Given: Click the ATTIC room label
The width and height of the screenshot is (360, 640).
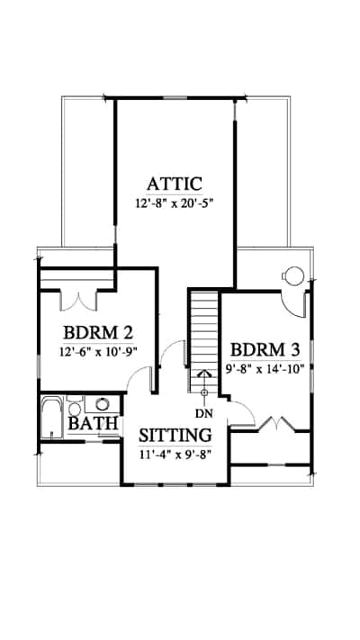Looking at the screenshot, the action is (x=175, y=185).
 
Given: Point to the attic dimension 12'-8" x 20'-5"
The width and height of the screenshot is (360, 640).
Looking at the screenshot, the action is (x=175, y=203).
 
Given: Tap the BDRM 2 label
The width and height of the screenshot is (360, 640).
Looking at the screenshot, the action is (x=98, y=333).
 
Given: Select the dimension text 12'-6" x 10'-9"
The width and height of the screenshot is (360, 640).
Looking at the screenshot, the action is (x=98, y=351).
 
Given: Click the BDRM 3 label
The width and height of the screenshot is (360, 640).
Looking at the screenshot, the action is (x=265, y=350).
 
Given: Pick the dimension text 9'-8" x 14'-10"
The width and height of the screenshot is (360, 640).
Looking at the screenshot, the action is (x=265, y=369).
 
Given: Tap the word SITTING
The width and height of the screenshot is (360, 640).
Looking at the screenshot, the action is (x=175, y=436).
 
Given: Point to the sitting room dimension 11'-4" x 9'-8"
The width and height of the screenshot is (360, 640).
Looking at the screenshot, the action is (x=175, y=455).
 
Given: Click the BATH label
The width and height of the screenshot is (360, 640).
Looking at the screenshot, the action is (x=93, y=423).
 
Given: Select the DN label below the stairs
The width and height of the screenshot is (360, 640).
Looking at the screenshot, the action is (x=203, y=413).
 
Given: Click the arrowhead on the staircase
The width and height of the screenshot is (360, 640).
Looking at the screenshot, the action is (x=204, y=374).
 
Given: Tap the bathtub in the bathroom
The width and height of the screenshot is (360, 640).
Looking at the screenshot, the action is (x=52, y=418).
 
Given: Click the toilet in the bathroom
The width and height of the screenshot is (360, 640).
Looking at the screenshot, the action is (x=75, y=406).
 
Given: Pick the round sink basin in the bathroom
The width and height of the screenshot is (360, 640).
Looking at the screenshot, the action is (x=102, y=404).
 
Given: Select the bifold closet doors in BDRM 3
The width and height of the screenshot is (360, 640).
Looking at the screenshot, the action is (x=277, y=423).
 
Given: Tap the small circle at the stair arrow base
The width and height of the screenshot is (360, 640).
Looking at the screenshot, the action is (x=204, y=393).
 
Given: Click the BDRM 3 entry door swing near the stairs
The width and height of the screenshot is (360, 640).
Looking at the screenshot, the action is (x=242, y=413).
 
